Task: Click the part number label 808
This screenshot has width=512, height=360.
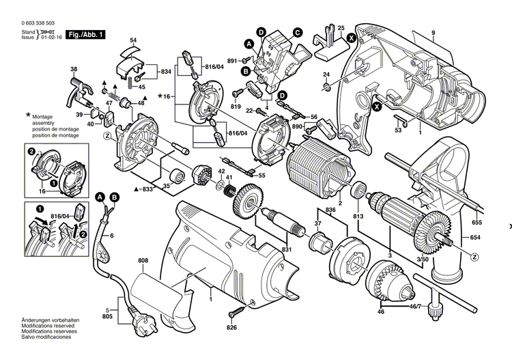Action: [x=143, y=260]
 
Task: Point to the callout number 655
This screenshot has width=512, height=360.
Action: [x=476, y=223]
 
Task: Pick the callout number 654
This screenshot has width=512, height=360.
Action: [x=476, y=238]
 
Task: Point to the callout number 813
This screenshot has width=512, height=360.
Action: [x=358, y=217]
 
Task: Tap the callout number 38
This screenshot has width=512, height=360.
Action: [x=74, y=70]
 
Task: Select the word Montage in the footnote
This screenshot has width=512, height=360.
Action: [x=46, y=118]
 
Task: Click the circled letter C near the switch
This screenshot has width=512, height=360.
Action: [x=298, y=32]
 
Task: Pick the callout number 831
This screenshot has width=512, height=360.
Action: [x=287, y=250]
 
